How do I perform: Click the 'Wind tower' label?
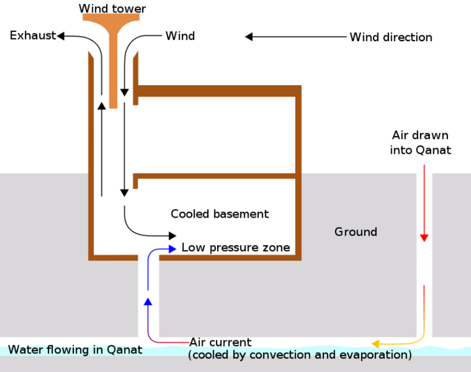point(113,8)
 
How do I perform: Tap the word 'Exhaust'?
point(33,35)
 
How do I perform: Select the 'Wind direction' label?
point(391,37)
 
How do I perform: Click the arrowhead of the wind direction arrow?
point(249,37)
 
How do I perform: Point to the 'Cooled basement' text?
point(220,214)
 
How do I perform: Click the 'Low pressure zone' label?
point(235,247)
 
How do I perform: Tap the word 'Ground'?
point(356,232)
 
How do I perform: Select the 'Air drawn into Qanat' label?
point(421,143)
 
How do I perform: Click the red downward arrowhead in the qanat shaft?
point(424,238)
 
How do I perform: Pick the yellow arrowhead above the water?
point(375,343)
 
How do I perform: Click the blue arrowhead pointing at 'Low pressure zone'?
point(173,249)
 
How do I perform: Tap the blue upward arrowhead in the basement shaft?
point(148,301)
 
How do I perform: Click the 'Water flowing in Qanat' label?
point(75,350)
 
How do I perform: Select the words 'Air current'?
point(220,343)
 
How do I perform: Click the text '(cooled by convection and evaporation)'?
point(300,355)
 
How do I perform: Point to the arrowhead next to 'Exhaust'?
point(61,36)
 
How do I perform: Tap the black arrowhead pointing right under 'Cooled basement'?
point(173,236)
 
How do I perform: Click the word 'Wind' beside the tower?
point(181,36)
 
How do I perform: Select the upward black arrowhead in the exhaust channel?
point(102,106)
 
